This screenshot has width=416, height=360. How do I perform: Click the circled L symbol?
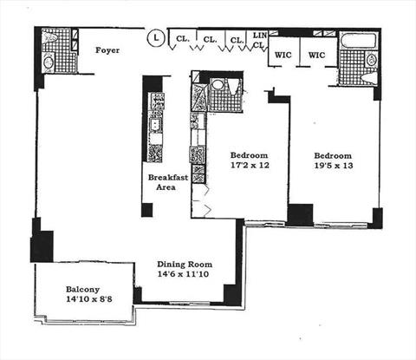(156, 38)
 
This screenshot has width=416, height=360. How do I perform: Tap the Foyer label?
(107, 50)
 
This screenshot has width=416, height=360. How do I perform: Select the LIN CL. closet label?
(259, 40)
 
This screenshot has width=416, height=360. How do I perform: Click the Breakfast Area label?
(168, 182)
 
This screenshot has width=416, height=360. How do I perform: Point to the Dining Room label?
(185, 265)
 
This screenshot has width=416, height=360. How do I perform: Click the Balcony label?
(83, 289)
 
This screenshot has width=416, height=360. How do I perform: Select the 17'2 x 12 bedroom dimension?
(250, 165)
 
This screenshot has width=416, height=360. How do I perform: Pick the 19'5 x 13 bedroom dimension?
(334, 166)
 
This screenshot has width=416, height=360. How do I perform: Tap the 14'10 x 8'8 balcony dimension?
(89, 299)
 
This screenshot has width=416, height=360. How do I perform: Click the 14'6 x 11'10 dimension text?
(183, 274)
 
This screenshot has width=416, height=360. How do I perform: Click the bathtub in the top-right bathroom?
(359, 40)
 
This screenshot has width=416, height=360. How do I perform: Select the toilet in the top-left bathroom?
(49, 36)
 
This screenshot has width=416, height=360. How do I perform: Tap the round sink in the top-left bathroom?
(48, 62)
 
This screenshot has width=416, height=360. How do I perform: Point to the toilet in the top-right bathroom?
(369, 78)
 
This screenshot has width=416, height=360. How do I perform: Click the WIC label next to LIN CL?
(283, 55)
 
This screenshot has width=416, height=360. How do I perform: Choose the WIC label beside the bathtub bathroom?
(316, 55)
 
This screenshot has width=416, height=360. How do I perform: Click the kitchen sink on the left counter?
(156, 125)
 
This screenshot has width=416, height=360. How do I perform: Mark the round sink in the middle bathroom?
(217, 85)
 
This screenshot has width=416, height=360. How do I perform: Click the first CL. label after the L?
(182, 38)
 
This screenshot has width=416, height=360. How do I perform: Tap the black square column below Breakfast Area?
(146, 210)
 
